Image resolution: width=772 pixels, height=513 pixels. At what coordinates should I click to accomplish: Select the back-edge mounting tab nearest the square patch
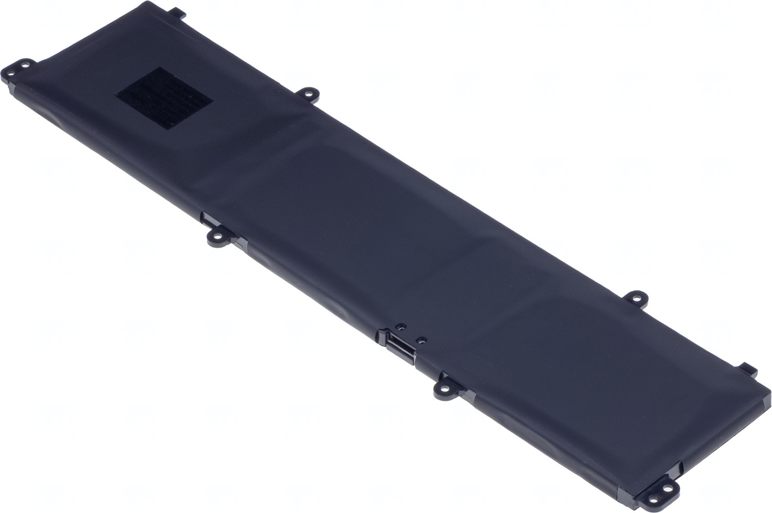(x=307, y=93)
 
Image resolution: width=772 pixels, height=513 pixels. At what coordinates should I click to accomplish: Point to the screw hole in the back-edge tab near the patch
(x=308, y=94)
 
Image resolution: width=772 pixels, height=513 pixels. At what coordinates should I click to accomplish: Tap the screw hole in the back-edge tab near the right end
(x=636, y=298)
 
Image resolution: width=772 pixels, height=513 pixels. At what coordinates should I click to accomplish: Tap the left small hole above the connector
(x=400, y=326)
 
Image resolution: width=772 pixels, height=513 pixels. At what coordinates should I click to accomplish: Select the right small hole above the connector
(x=422, y=339)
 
